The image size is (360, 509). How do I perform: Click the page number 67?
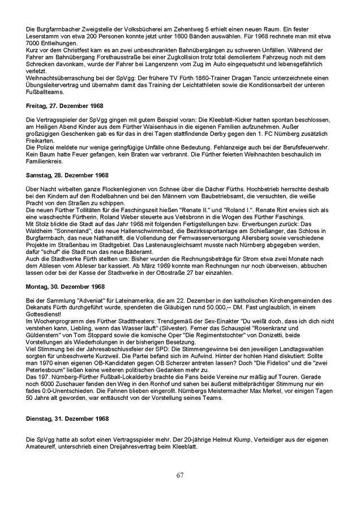(x=179, y=475)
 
